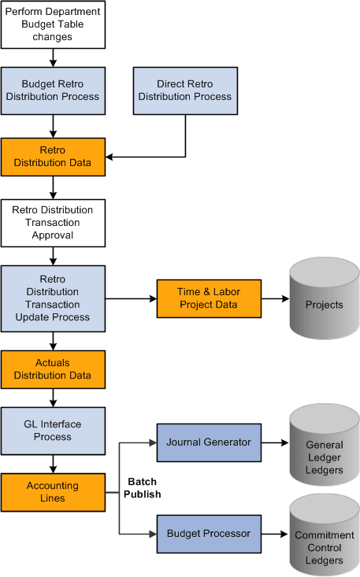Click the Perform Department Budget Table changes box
click(x=53, y=24)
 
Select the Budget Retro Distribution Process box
click(x=53, y=90)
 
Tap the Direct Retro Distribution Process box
click(x=185, y=90)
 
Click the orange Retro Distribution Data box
click(x=53, y=157)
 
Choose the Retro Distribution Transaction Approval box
click(x=53, y=223)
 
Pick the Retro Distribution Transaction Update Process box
click(x=53, y=298)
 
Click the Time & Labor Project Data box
click(x=209, y=298)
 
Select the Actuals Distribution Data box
click(x=53, y=369)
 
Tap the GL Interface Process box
click(x=53, y=431)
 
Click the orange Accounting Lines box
click(x=53, y=492)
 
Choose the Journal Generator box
click(x=209, y=442)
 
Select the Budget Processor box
click(x=209, y=534)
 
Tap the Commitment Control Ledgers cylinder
click(x=324, y=546)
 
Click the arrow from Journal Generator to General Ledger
click(x=275, y=443)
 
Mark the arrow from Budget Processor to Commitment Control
click(x=275, y=534)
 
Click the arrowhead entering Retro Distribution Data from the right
click(x=110, y=157)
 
